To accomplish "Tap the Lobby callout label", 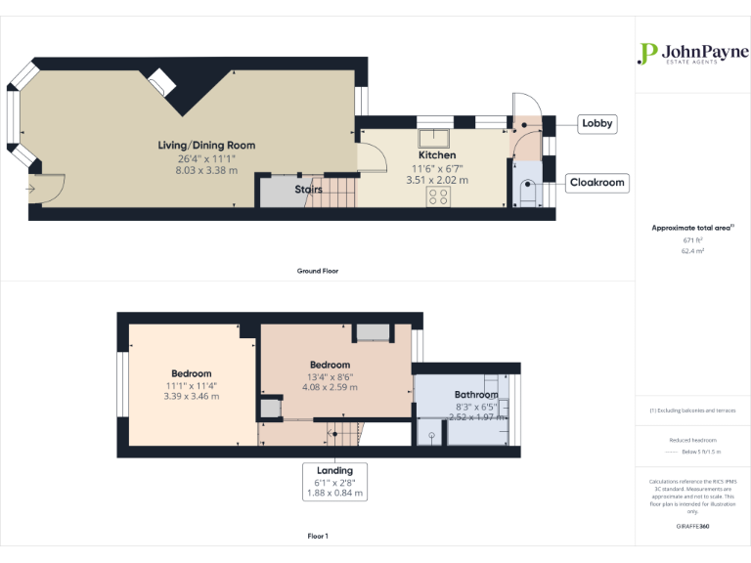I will [x=597, y=123].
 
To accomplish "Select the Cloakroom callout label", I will [x=597, y=183].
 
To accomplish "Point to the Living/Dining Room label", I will [x=206, y=146].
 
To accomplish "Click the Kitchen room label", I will [x=437, y=155].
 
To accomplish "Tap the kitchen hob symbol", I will [x=437, y=195].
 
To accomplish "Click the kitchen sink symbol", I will [x=433, y=138].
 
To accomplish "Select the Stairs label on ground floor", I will [x=309, y=190].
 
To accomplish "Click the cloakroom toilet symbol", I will [x=528, y=193].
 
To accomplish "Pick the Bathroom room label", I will [x=476, y=395].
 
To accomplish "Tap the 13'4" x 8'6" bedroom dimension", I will [x=330, y=376].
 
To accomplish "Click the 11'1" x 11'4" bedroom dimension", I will [x=191, y=385].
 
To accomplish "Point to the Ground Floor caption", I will [x=318, y=271].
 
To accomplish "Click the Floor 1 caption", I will [x=318, y=537].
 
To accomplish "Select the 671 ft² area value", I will [x=692, y=239].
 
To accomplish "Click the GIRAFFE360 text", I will [x=692, y=527].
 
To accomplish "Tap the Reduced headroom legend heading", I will [x=692, y=441].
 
